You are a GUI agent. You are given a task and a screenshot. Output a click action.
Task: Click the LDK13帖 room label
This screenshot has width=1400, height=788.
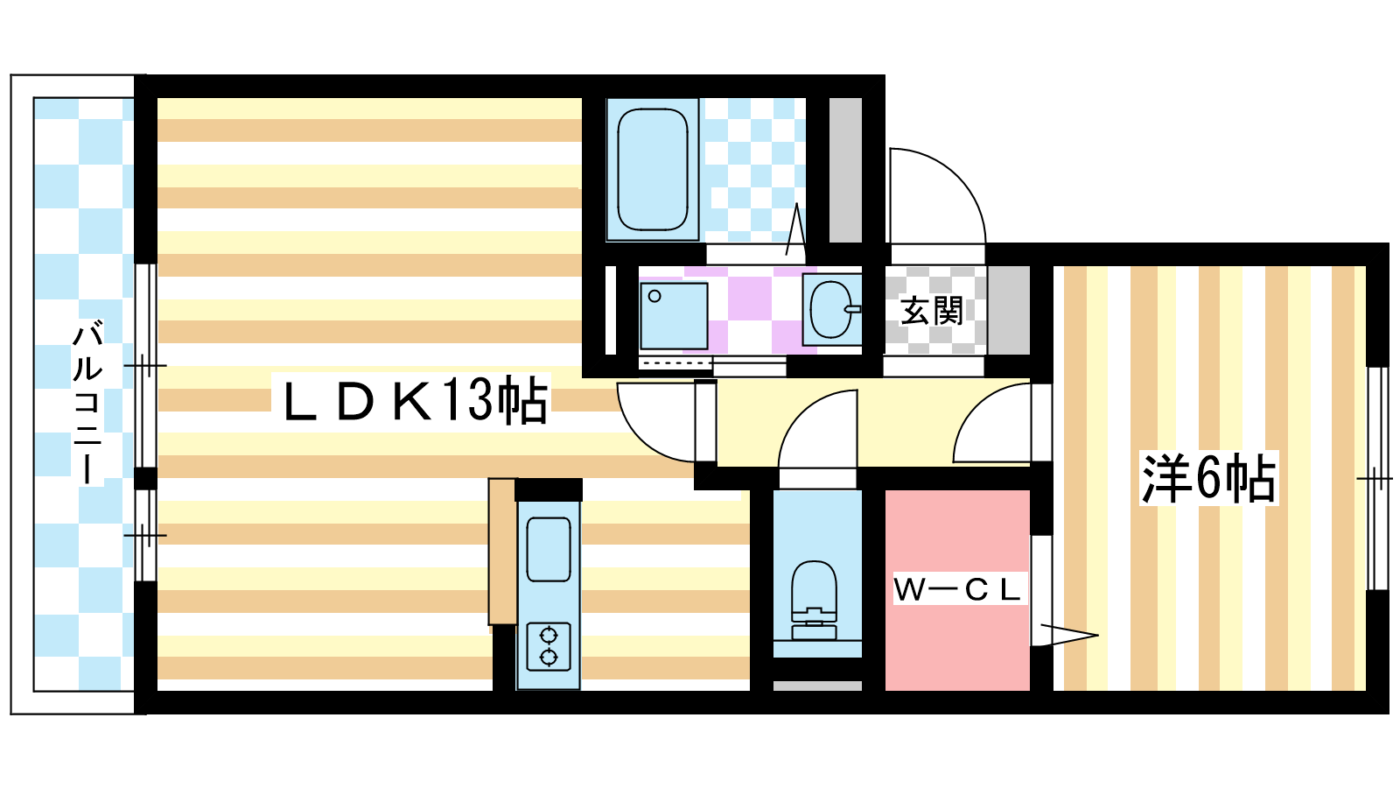(x=415, y=399)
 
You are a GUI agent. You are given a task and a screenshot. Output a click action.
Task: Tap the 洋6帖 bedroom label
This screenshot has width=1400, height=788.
(x=1208, y=478)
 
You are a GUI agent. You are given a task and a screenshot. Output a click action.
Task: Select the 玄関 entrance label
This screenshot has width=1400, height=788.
(x=931, y=310)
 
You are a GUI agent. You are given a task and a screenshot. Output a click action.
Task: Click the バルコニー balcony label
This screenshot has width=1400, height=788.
(x=88, y=404)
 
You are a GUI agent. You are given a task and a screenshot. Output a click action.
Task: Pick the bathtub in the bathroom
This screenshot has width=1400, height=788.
(x=653, y=170)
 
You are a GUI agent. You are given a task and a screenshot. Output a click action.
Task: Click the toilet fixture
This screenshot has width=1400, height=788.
(x=814, y=600)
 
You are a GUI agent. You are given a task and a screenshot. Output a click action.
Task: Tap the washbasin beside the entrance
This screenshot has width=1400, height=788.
(x=832, y=309)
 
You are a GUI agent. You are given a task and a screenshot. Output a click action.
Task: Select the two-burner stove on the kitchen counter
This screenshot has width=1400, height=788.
(x=548, y=647)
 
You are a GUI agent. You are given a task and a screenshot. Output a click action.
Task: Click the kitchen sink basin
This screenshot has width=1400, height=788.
(x=548, y=549)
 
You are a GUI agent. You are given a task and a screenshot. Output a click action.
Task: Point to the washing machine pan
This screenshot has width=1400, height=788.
(x=674, y=316)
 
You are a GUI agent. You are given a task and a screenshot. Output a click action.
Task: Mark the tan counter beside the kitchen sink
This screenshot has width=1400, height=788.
(x=502, y=551)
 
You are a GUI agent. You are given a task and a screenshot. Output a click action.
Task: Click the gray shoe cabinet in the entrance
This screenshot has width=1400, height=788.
(x=1009, y=310)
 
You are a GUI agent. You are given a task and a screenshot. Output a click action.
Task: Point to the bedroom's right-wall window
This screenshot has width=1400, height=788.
(x=1377, y=478)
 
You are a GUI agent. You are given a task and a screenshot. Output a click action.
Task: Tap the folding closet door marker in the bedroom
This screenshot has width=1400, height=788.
(x=1067, y=636)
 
